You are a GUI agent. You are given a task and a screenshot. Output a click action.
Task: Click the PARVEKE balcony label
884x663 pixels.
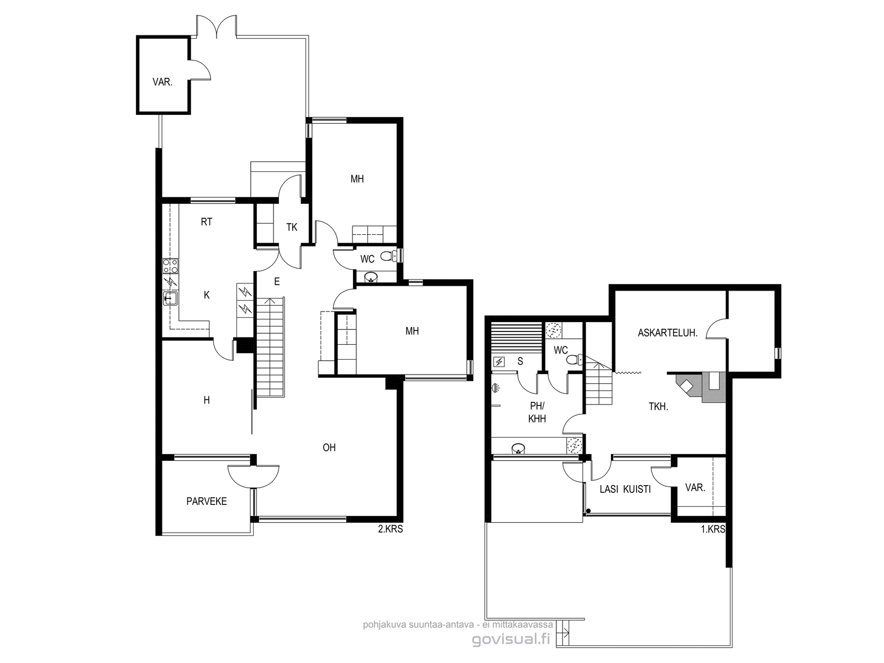[x=206, y=501]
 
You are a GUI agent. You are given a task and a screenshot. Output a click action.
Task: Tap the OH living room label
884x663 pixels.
[x=329, y=447]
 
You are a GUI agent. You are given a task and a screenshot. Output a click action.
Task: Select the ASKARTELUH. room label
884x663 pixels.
[x=667, y=333]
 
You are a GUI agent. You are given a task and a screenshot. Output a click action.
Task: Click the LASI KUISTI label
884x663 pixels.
[x=625, y=489]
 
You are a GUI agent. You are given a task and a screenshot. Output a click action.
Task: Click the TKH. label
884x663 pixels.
[x=659, y=407]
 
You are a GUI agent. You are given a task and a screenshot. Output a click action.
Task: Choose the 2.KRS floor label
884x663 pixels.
[x=390, y=529]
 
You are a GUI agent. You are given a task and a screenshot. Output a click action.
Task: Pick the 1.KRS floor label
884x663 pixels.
[x=713, y=529]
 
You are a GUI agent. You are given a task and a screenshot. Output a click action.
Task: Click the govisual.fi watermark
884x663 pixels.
[x=511, y=639]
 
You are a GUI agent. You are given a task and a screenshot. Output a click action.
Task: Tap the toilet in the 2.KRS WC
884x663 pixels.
[x=388, y=255]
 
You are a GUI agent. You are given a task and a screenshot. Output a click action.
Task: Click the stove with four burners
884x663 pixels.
[x=170, y=266]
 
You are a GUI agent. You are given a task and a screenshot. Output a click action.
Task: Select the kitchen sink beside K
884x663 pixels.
[x=170, y=298]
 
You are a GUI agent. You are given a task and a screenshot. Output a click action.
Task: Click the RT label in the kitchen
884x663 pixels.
[x=206, y=222]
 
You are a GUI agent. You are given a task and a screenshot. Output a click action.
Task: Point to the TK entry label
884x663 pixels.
[x=292, y=228]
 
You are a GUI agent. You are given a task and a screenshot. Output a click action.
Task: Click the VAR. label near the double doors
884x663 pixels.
[x=162, y=82]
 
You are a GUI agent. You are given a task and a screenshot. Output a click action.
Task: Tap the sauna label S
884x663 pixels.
[x=520, y=361]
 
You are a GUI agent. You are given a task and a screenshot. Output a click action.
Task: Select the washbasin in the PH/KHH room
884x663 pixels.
[x=518, y=448]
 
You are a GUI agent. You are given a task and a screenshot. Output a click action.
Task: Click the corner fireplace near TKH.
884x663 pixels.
[x=687, y=386]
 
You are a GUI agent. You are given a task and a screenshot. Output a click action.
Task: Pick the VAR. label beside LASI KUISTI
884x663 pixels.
[x=695, y=487]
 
